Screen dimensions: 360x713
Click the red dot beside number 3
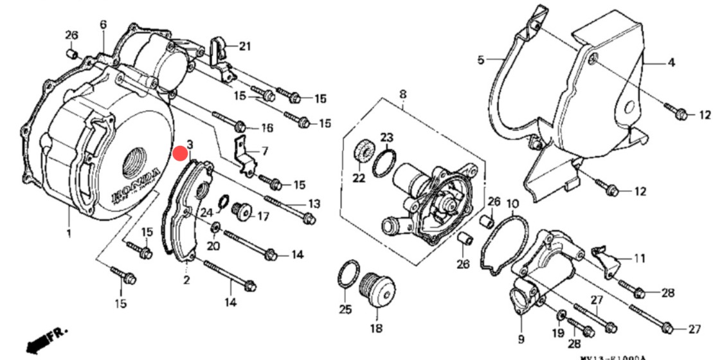click(181, 153)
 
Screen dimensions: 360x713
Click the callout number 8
click(402, 95)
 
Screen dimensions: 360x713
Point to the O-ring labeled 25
click(346, 276)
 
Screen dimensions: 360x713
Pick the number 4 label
click(670, 63)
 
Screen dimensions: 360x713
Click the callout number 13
click(313, 204)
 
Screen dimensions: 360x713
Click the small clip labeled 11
click(607, 258)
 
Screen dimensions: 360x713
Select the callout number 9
click(520, 339)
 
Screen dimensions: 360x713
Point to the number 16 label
click(267, 128)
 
